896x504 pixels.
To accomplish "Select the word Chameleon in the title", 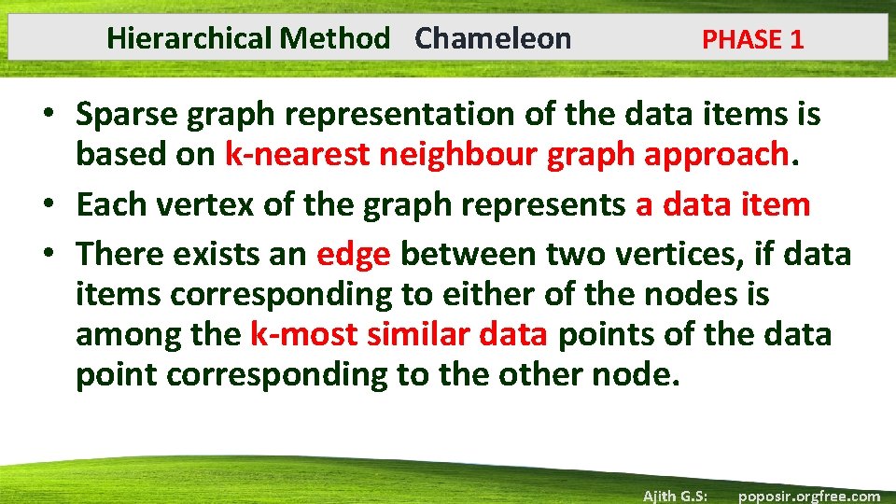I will (493, 38).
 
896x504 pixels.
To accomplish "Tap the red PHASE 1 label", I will (752, 39).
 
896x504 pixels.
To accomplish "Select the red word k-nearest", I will (298, 156).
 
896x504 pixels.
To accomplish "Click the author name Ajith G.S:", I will (675, 496).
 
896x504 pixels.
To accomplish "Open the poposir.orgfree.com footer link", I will (808, 496).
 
